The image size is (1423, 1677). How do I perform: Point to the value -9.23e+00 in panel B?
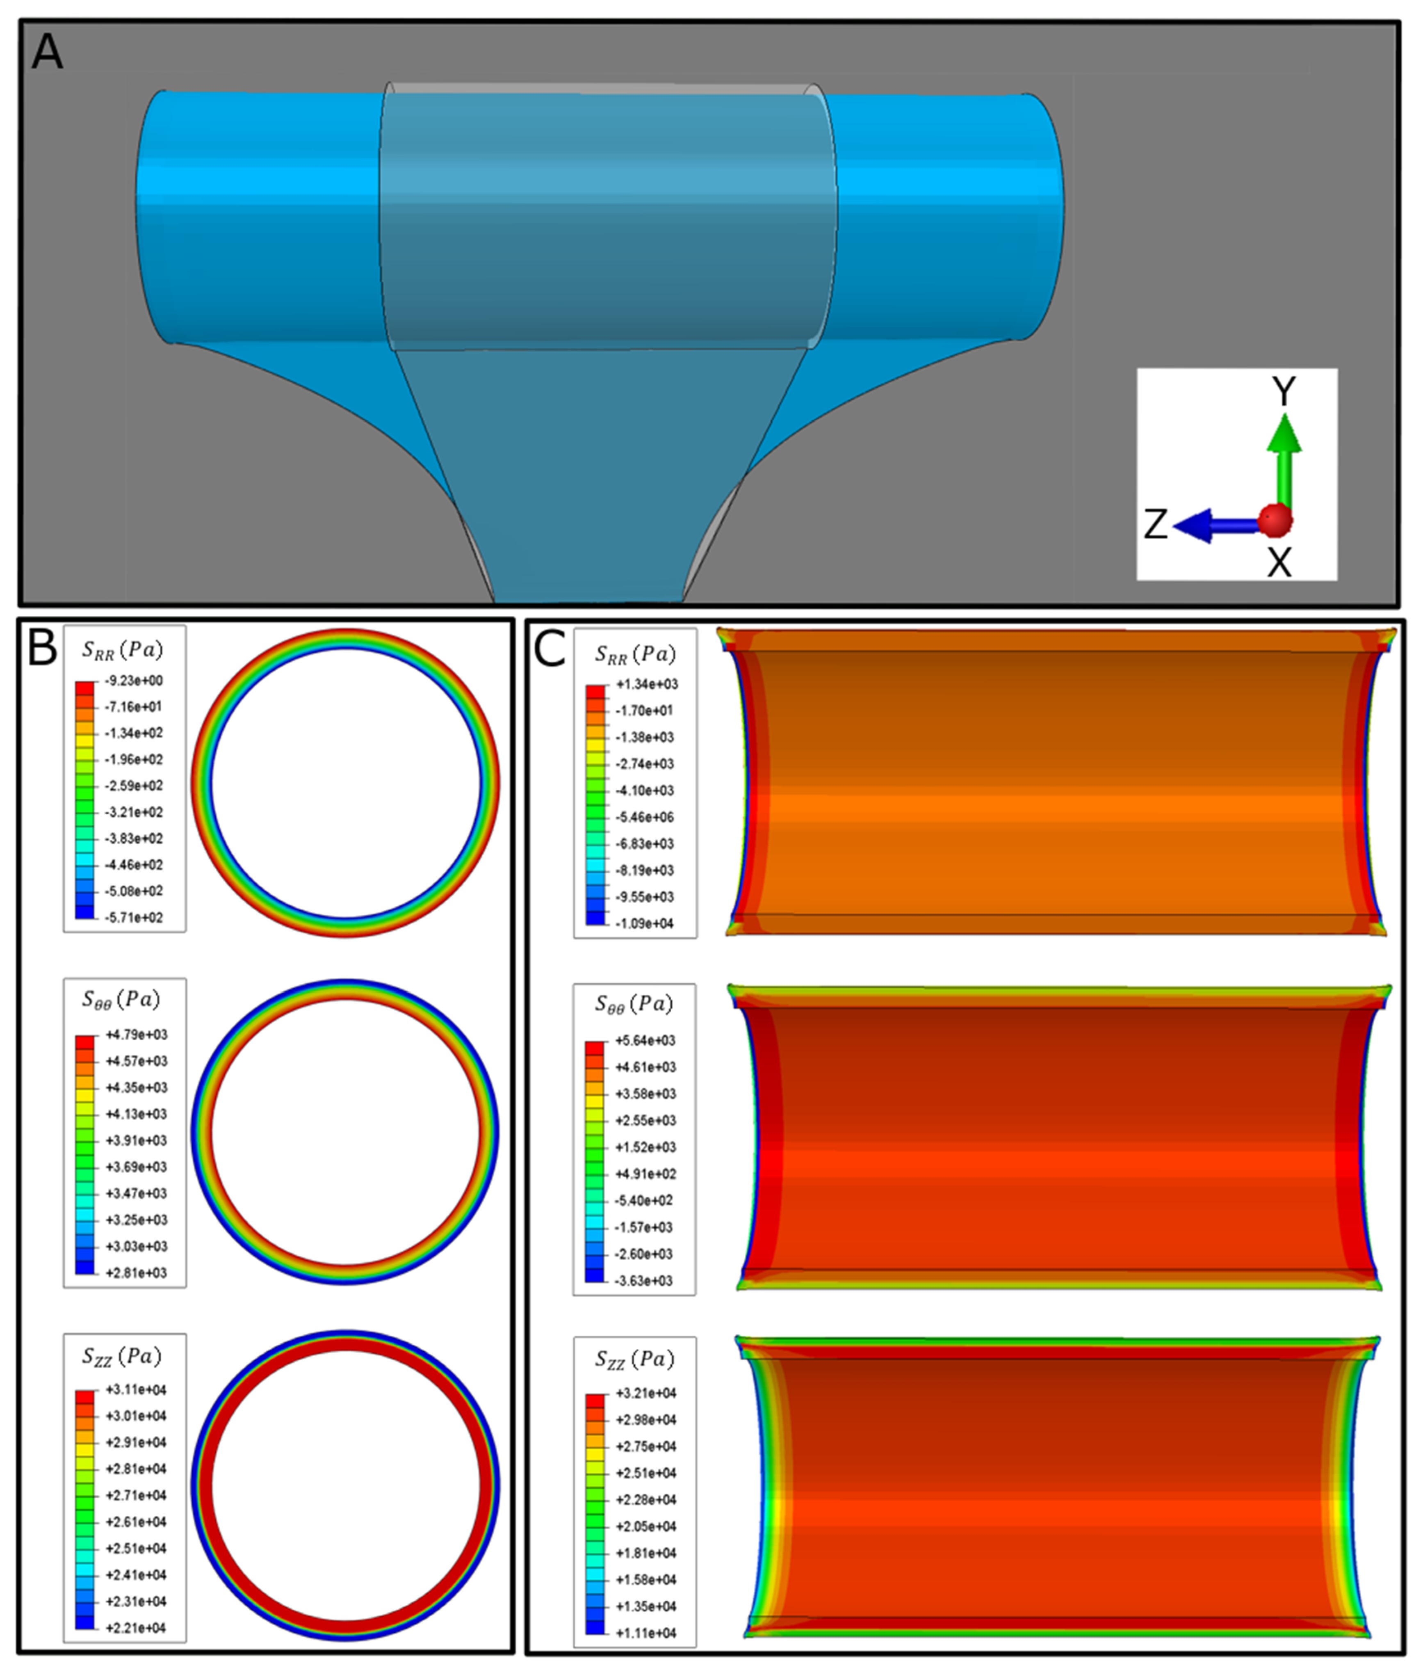[x=134, y=680]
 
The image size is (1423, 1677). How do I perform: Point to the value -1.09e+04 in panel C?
[x=645, y=923]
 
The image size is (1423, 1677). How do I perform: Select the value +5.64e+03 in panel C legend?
[x=645, y=1040]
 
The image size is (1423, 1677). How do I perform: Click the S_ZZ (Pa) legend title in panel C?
[x=634, y=1360]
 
